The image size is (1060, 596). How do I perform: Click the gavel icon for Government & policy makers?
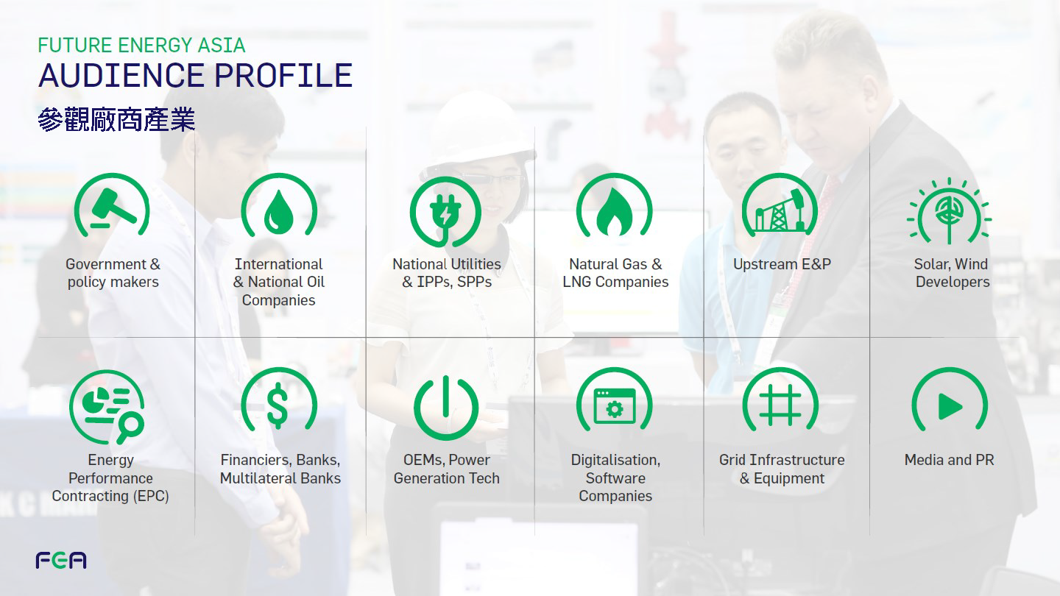[x=113, y=206]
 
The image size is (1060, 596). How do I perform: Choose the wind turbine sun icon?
[x=949, y=211]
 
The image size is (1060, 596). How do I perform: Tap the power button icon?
[x=446, y=407]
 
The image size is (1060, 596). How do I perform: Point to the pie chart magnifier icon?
[x=107, y=407]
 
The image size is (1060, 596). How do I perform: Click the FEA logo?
[x=61, y=560]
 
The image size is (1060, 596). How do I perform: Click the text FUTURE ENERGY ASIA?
[x=141, y=46]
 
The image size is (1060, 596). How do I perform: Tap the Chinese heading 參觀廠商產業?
[x=116, y=119]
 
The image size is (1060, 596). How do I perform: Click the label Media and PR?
[x=950, y=460]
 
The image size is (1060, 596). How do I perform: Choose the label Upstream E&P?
[x=782, y=264]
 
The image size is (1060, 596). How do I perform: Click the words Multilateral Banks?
[x=280, y=478]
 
